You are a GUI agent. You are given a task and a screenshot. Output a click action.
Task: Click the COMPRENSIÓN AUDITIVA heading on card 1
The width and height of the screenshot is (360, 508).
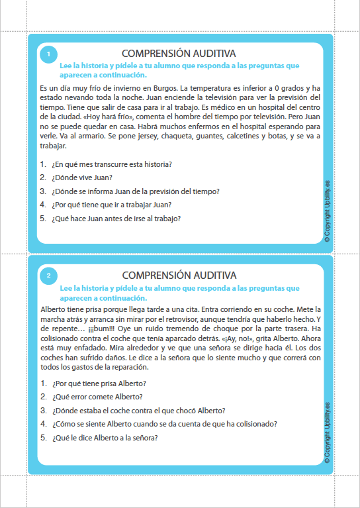(179, 53)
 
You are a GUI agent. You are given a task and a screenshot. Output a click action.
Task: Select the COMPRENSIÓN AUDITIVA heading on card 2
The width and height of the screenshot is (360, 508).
(179, 275)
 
